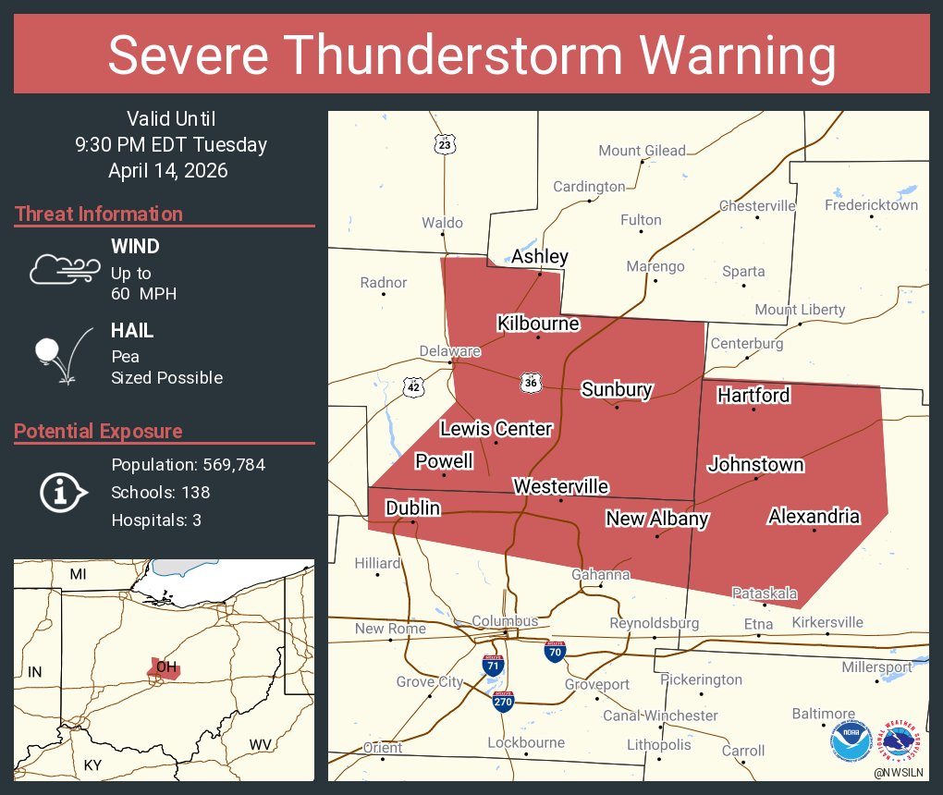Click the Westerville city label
561,486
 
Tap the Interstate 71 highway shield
494,665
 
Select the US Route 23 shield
446,144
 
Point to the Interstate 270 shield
503,702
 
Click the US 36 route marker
530,382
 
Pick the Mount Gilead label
642,151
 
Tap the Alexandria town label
814,517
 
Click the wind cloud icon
64,268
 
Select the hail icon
59,355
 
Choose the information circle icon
62,492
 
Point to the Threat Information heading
99,214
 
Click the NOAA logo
850,740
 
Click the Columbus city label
505,621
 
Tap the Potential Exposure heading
98,431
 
